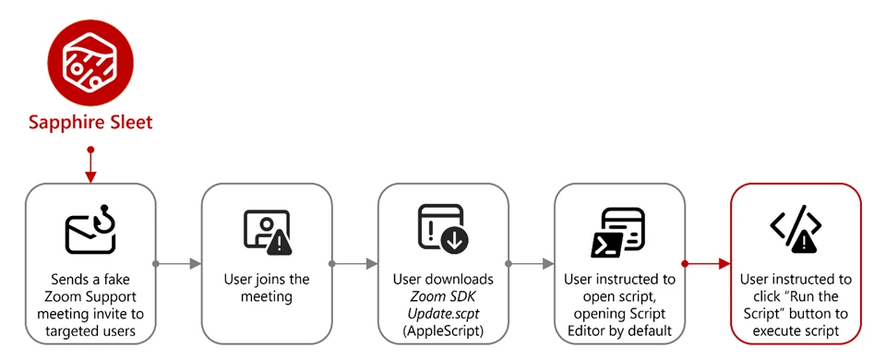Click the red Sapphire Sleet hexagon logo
(x=90, y=61)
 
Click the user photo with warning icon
(x=266, y=232)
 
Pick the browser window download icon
(x=443, y=230)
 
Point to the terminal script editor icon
(x=618, y=231)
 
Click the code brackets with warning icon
(x=795, y=230)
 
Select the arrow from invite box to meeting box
(x=177, y=264)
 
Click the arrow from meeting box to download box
(x=354, y=264)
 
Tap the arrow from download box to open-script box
(x=531, y=264)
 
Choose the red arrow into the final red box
(x=706, y=264)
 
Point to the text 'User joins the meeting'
(x=267, y=287)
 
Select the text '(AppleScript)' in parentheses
(x=443, y=330)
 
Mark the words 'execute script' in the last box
(x=795, y=330)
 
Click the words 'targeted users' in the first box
(x=90, y=330)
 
